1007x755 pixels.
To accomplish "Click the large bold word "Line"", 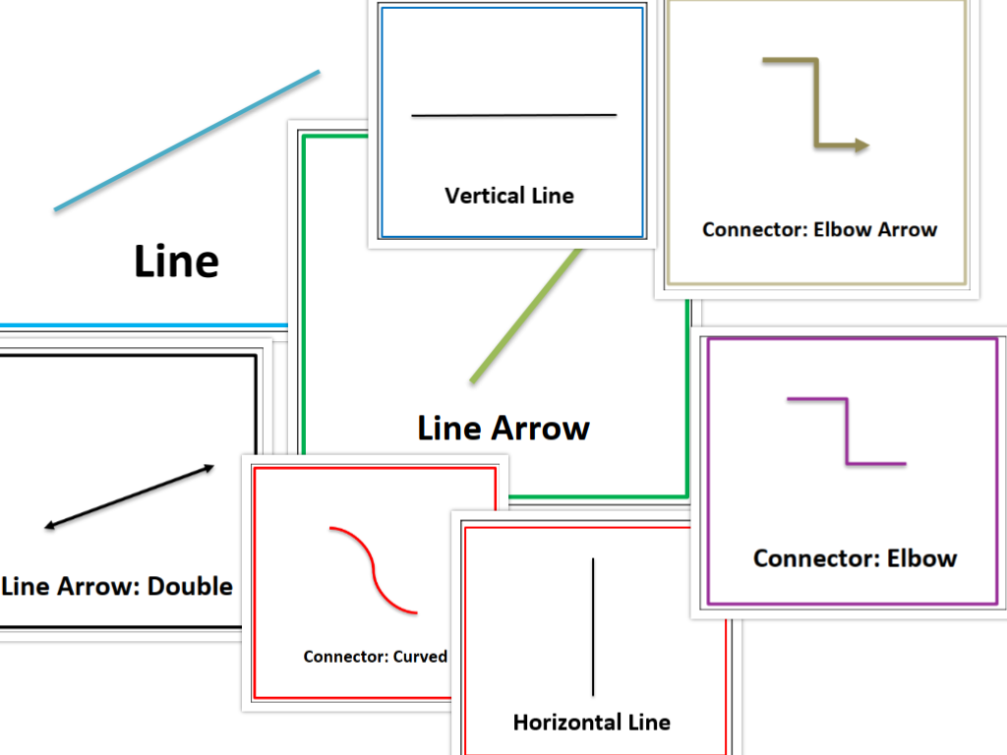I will [176, 261].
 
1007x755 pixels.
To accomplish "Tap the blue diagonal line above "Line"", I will [187, 140].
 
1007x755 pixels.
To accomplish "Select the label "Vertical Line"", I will [508, 196].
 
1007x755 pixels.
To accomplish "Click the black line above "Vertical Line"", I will [513, 115].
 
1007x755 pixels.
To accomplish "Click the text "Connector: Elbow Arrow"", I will [819, 230].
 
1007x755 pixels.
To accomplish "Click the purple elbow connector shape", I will [846, 432].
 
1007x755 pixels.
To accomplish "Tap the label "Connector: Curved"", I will [375, 657].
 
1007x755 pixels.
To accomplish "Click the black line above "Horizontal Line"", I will [593, 626].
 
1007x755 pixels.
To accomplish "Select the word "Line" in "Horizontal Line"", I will [650, 723].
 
